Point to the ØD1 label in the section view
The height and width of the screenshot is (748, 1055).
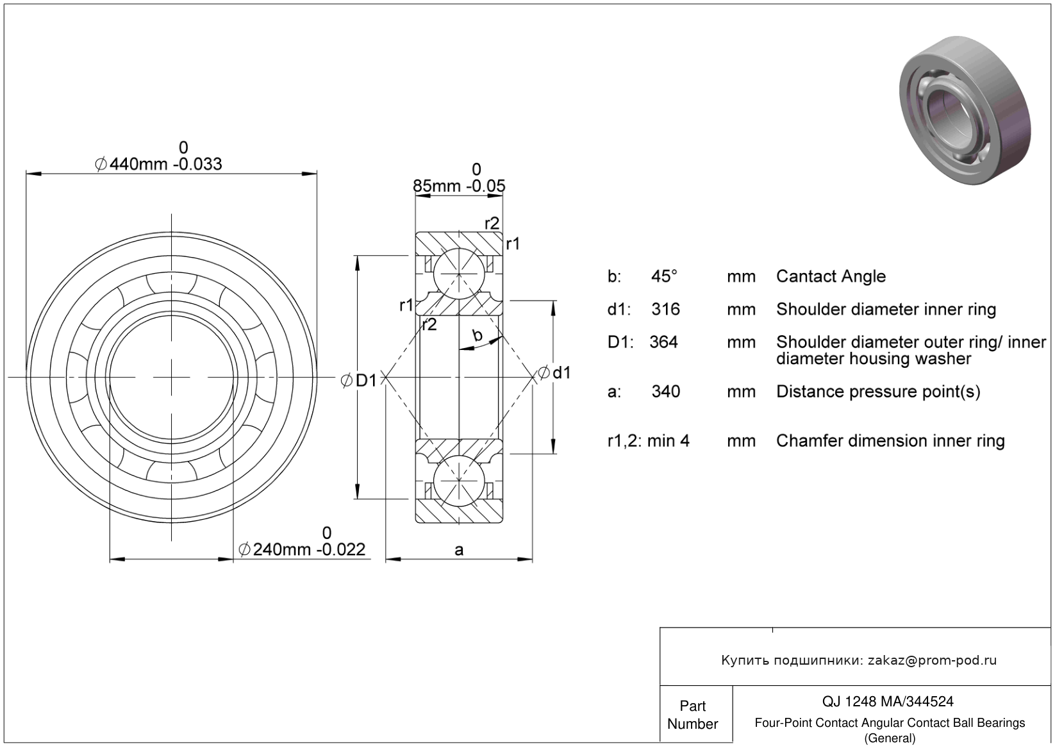click(x=358, y=381)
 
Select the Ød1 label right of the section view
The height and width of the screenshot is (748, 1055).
click(x=554, y=372)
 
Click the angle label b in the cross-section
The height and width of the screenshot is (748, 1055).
click(x=477, y=335)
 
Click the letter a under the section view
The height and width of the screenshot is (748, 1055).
click(x=459, y=550)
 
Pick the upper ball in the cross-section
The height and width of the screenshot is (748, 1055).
click(x=459, y=273)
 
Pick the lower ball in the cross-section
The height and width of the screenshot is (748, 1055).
click(x=459, y=481)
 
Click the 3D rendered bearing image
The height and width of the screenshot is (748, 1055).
click(x=965, y=110)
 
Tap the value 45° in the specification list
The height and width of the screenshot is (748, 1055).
click(x=664, y=276)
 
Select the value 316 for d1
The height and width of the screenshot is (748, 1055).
click(x=665, y=309)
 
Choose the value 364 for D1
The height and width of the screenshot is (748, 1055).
click(x=663, y=342)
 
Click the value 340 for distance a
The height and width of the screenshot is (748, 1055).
click(x=665, y=392)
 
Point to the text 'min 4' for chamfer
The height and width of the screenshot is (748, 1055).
click(x=669, y=441)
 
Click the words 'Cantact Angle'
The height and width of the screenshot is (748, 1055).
click(x=831, y=276)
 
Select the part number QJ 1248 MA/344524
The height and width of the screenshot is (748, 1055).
click(x=888, y=702)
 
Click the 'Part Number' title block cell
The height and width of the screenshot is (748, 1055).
click(x=692, y=715)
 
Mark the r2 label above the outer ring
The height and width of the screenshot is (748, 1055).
click(x=492, y=223)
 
